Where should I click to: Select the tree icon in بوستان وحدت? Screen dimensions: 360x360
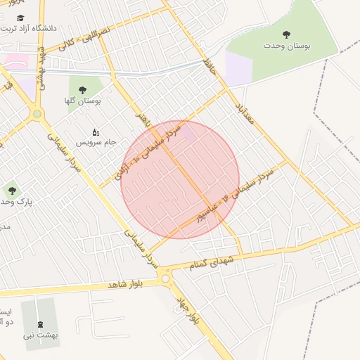(x=286, y=34)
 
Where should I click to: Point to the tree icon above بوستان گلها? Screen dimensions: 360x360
(x=82, y=89)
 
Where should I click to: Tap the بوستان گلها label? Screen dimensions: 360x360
(x=83, y=101)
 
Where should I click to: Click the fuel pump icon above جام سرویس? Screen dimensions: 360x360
(x=96, y=131)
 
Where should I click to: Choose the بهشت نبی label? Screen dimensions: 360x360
(x=40, y=335)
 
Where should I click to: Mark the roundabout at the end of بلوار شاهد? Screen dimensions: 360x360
(x=166, y=278)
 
